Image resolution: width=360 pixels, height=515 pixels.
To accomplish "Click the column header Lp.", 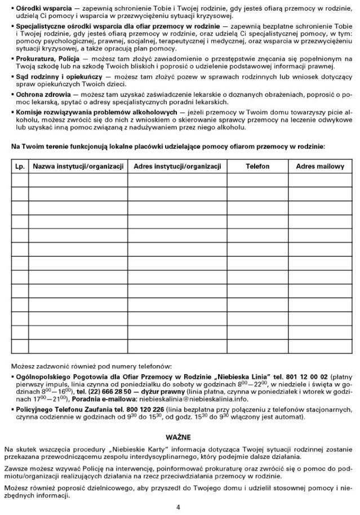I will pyautogui.click(x=19, y=167).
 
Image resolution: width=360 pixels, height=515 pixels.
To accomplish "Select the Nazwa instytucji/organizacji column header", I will pyautogui.click(x=78, y=167).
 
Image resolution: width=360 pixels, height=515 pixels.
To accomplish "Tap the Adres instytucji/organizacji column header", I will pyautogui.click(x=177, y=167).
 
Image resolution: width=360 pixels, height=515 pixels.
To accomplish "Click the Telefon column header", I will pyautogui.click(x=257, y=167).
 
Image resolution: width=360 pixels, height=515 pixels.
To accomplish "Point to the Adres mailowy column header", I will pyautogui.click(x=319, y=167).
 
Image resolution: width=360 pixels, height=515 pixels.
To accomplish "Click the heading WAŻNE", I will pyautogui.click(x=178, y=437).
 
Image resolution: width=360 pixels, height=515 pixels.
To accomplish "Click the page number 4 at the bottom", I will pyautogui.click(x=178, y=507).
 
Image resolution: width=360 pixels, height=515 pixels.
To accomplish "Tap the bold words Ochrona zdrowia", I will pyautogui.click(x=43, y=93).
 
